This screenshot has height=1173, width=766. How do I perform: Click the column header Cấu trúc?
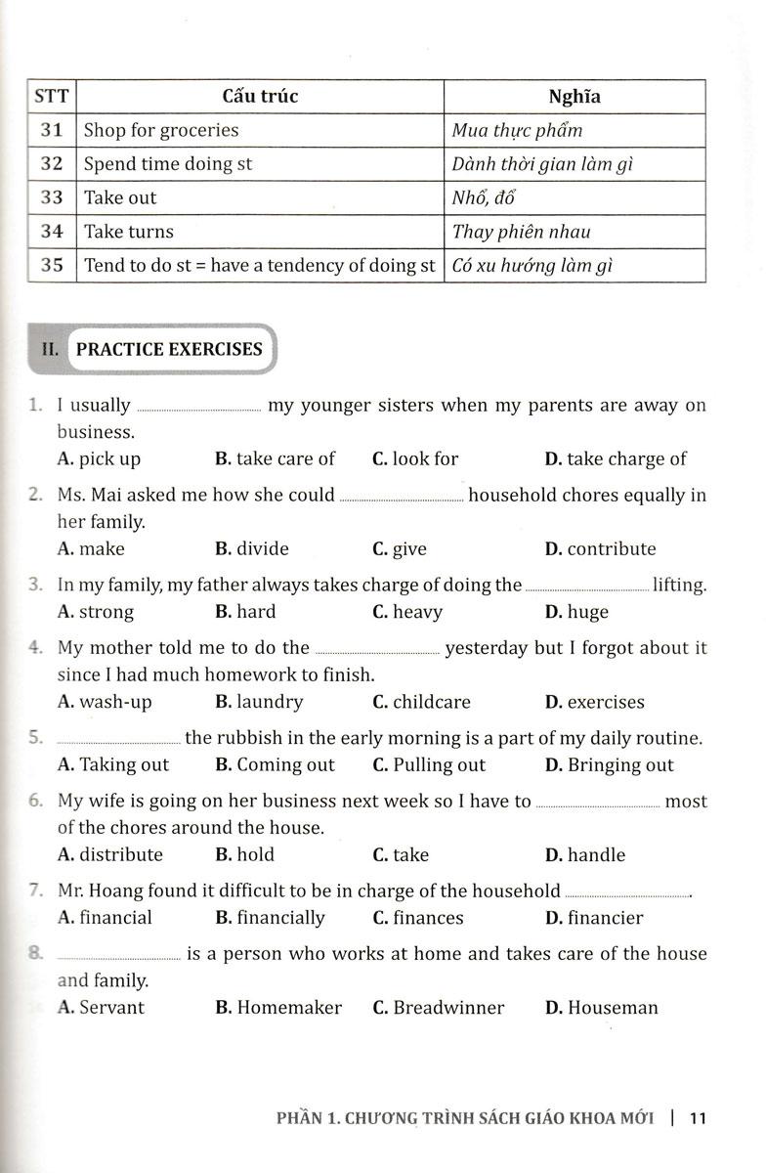click(260, 97)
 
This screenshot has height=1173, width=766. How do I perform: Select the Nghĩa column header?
click(574, 97)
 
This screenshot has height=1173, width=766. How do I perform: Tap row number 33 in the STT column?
click(53, 197)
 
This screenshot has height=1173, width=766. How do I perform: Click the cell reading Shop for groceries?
click(161, 130)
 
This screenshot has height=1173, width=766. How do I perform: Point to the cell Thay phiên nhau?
click(522, 232)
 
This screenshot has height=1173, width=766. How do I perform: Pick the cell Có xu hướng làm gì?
click(532, 266)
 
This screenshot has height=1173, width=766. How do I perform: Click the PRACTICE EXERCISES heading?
click(169, 349)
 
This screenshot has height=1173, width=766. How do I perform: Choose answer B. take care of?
click(275, 458)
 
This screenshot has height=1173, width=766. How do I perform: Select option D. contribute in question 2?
click(600, 548)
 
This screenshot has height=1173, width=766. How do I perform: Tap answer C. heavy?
click(407, 612)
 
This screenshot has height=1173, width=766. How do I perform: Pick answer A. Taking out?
click(113, 764)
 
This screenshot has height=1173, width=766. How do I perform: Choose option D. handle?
click(585, 854)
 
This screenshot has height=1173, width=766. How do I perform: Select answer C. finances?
click(418, 918)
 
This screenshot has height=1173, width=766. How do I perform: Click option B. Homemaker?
click(278, 1007)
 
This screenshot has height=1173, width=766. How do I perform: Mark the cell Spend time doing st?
click(168, 164)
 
